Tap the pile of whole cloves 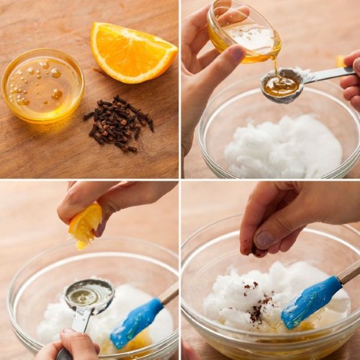pos(119,123)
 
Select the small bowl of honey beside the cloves pos(42,84)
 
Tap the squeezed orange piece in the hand pos(84,224)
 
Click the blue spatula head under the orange pos(137,323)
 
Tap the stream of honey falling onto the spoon pos(275,67)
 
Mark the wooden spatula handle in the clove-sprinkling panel pos(349,272)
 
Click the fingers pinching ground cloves pos(263,238)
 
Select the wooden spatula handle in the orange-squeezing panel pos(169,292)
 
